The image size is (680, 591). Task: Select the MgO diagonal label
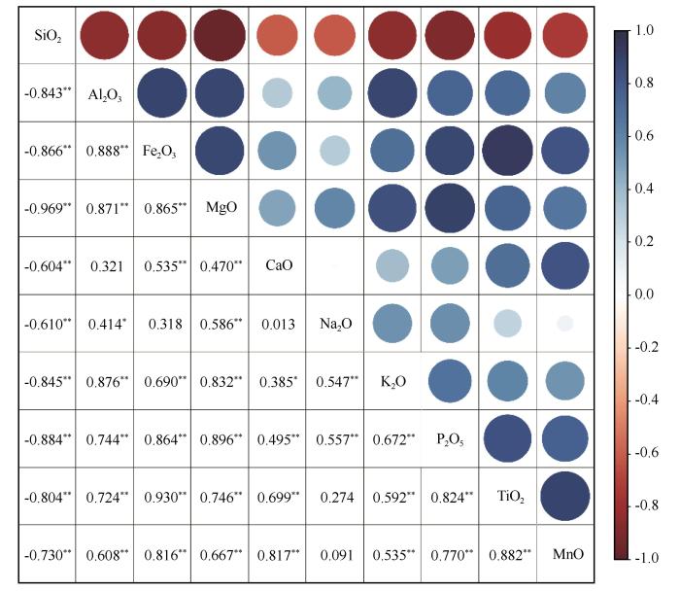[219, 208]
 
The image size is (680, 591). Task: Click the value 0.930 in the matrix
[163, 496]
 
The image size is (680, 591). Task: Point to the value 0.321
[106, 265]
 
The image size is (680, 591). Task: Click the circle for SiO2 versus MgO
[220, 38]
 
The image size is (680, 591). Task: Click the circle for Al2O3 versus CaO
[277, 93]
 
